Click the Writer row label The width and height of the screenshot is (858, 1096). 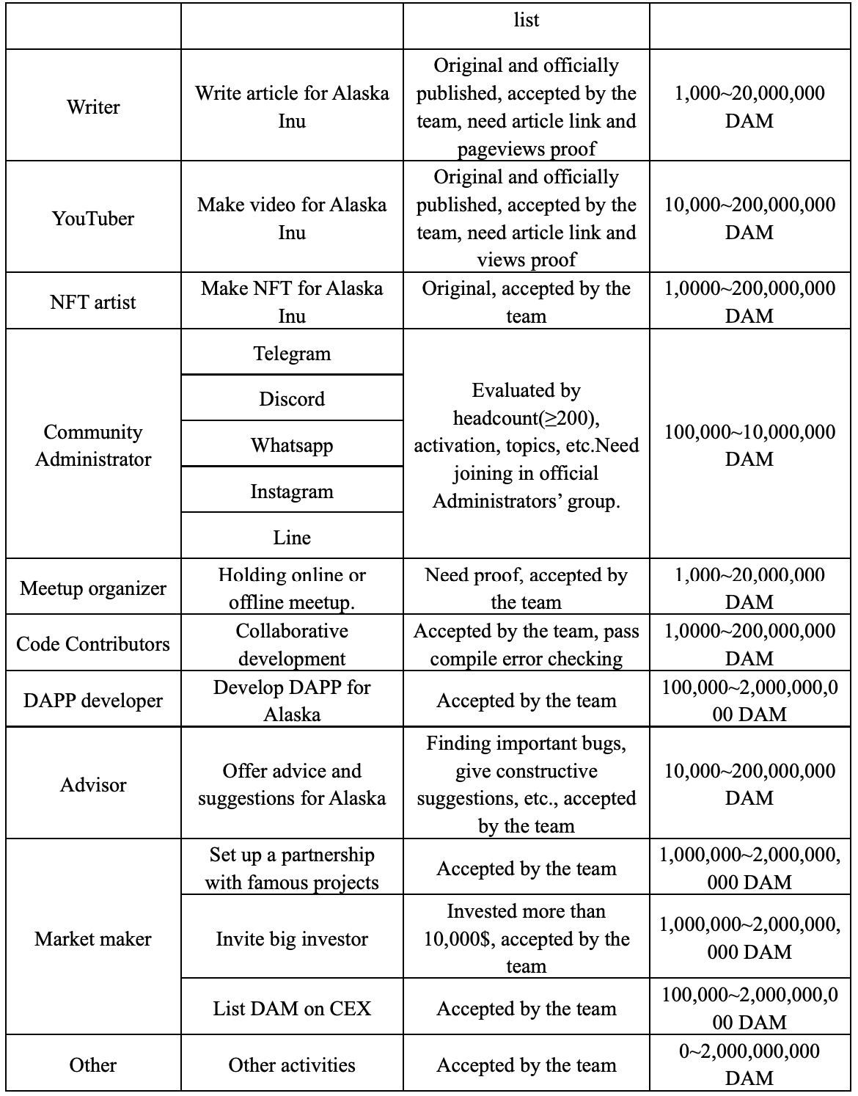(93, 107)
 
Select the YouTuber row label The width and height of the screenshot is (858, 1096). (93, 219)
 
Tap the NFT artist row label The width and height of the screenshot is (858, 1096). (93, 302)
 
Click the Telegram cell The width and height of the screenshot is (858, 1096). (292, 354)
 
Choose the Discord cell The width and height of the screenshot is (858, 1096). (292, 399)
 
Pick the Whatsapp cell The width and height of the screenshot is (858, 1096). (292, 445)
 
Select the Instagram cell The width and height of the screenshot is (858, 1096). (292, 492)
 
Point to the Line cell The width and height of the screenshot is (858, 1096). (292, 538)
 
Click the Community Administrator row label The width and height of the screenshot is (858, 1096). (93, 445)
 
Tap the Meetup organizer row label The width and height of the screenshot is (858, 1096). (93, 588)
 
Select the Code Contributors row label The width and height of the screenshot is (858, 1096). (93, 644)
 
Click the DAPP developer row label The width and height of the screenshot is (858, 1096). (93, 701)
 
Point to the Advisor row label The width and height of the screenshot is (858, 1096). (93, 785)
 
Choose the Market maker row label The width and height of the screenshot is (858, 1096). (93, 939)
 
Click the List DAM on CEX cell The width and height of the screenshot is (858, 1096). (292, 1009)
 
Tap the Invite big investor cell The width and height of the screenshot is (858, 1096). (292, 939)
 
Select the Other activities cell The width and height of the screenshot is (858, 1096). (292, 1065)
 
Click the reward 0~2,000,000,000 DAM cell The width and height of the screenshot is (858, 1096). (749, 1064)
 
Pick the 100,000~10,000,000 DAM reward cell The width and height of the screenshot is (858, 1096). (749, 445)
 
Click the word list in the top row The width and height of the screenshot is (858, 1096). (527, 20)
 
